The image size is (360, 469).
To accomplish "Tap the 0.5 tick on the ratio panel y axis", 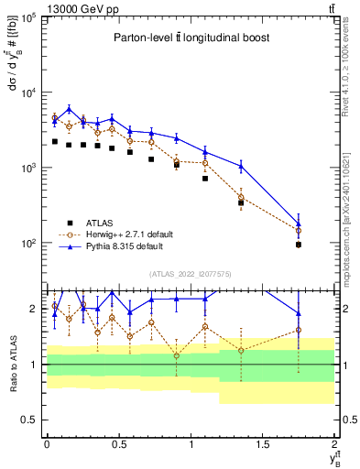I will click(x=33, y=420).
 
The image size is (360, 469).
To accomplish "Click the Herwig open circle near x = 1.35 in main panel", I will click(x=241, y=197).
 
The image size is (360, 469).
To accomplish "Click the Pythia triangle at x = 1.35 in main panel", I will click(x=241, y=166).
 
